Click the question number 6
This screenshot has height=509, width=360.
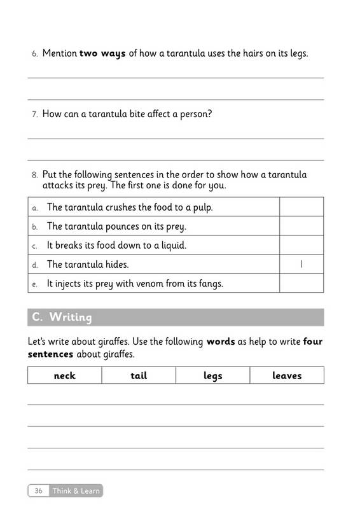coord(35,55)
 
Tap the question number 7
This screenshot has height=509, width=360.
coord(35,115)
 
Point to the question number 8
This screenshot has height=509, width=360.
coord(35,174)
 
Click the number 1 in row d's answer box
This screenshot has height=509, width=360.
coord(301,264)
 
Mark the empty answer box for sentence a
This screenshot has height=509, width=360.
coord(301,207)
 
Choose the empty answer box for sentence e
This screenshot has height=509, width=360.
coord(301,283)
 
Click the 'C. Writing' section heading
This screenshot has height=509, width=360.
coord(62,317)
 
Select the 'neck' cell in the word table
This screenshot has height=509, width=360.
coord(64,375)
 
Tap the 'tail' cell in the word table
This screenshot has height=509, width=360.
coord(139,375)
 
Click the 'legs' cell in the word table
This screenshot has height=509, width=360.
coord(212,375)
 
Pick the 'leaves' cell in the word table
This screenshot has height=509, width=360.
coord(287,375)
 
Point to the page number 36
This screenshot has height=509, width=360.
coord(39,491)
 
